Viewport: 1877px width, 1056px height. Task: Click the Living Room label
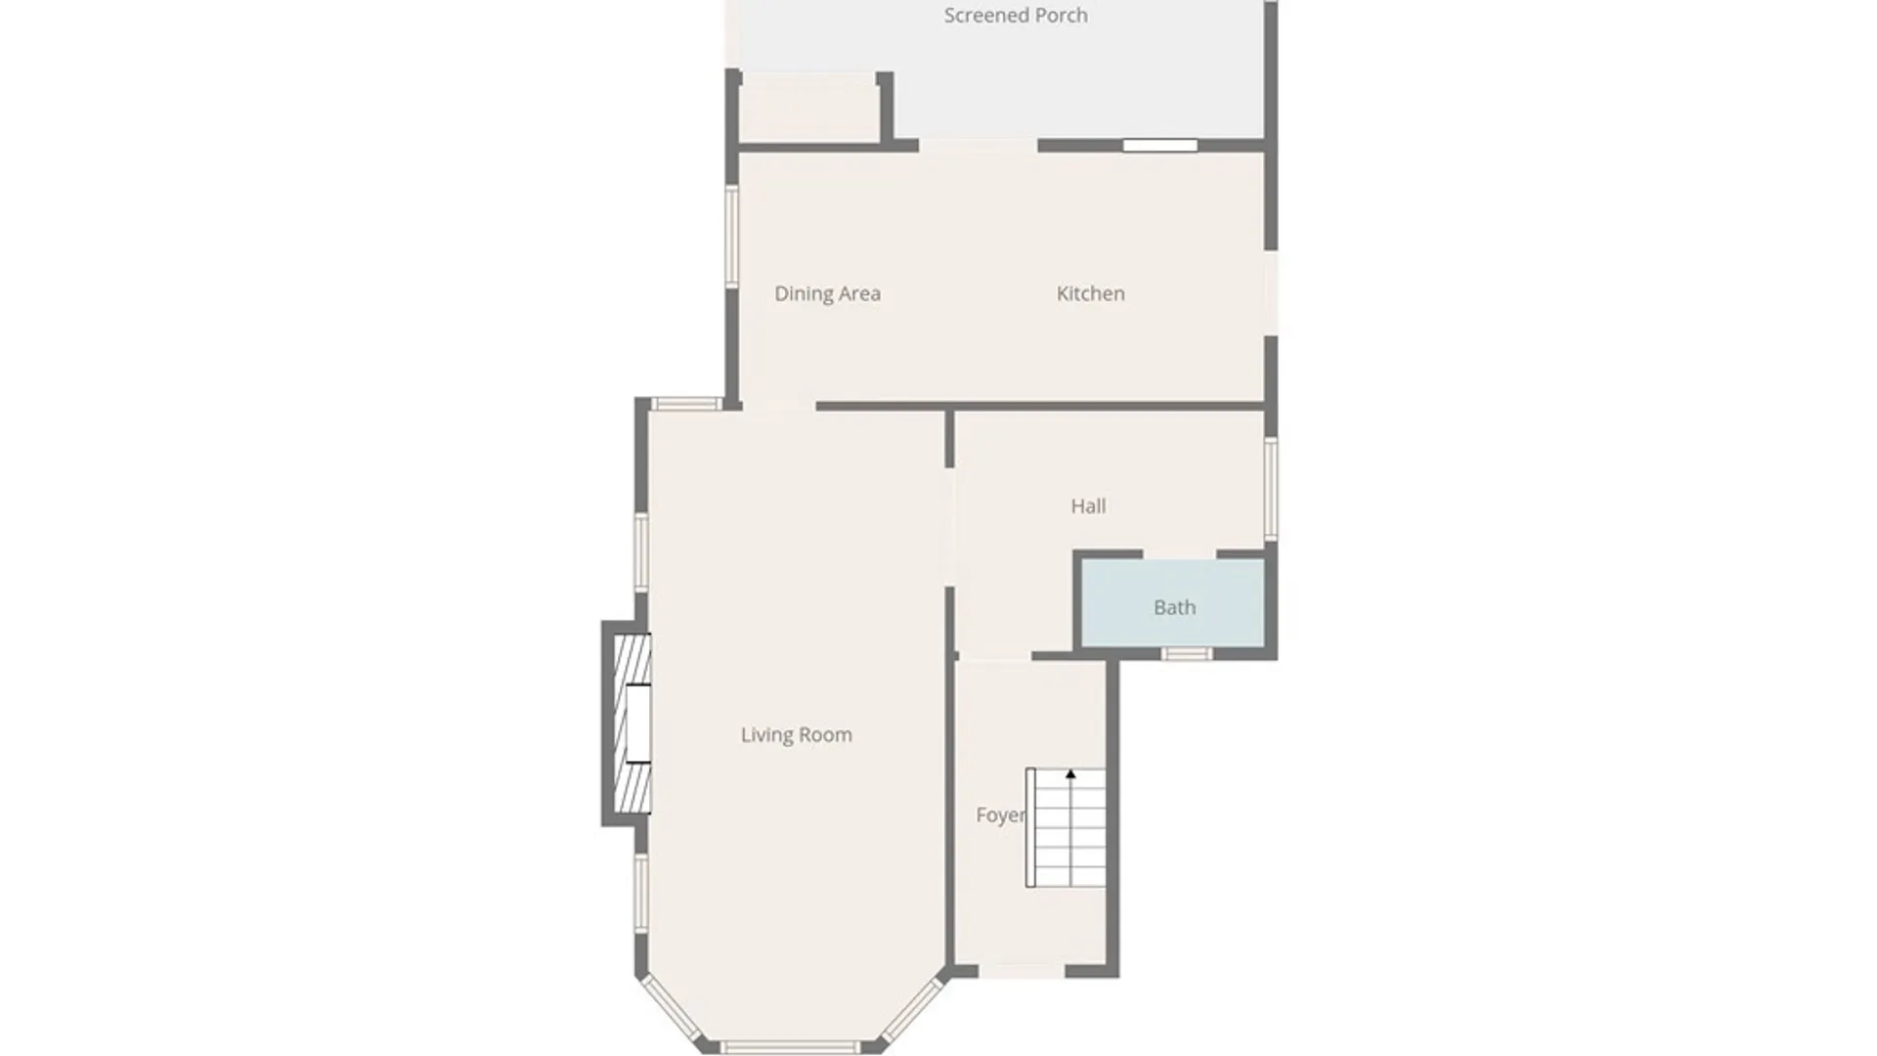796,735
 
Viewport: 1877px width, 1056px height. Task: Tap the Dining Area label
827,294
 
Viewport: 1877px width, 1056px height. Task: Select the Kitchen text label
1090,293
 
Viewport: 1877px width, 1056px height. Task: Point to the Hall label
1088,506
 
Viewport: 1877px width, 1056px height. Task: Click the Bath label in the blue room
1174,608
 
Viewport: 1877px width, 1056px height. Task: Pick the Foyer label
1000,815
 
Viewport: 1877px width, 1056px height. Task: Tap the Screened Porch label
1016,16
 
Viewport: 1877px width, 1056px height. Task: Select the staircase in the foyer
1066,828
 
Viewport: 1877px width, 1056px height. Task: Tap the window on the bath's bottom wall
1187,654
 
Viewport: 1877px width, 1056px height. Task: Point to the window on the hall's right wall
1271,489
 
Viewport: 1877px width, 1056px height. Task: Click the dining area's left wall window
731,237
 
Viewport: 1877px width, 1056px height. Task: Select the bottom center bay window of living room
790,1047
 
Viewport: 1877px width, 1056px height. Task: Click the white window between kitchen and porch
1159,146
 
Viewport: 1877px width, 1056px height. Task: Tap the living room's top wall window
687,404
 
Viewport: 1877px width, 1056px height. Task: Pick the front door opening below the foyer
1022,971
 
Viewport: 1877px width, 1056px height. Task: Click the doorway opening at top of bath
1179,554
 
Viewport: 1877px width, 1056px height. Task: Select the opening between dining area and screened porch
978,146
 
